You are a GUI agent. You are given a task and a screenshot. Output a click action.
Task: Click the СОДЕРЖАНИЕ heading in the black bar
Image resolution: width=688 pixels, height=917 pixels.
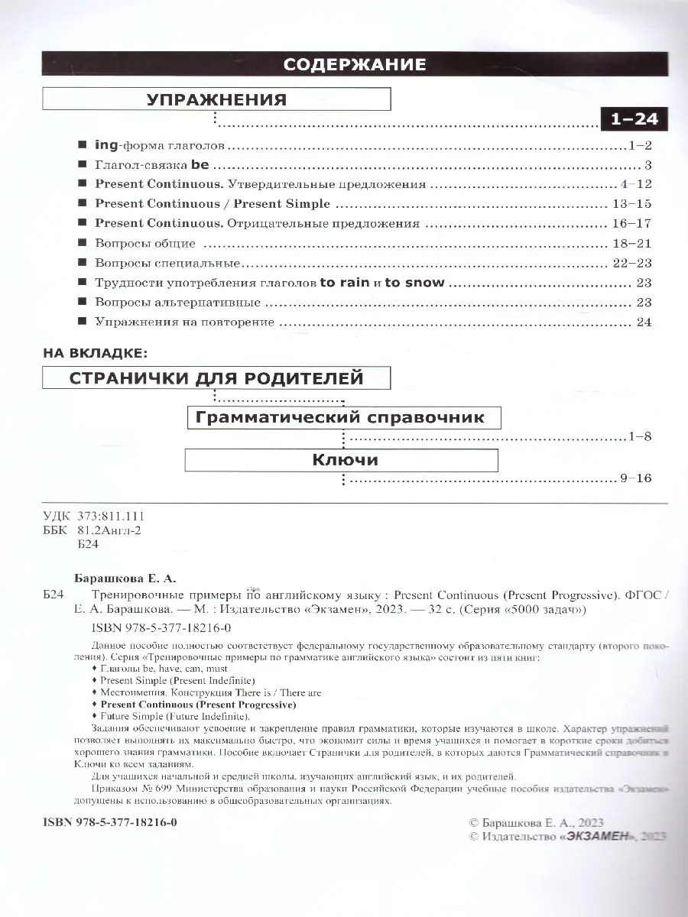[355, 65]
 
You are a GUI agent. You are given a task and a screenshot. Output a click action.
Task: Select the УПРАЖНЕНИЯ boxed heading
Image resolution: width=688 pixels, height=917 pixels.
[216, 99]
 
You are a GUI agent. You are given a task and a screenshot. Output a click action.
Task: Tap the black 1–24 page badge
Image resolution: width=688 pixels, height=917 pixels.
[634, 120]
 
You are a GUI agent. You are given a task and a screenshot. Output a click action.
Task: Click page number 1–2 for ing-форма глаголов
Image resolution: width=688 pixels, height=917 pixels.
[636, 144]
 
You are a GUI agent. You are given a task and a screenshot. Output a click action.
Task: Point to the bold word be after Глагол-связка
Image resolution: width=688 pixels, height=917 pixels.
[200, 164]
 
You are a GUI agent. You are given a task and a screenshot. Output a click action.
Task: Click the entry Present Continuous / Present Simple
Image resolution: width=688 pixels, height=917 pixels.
[213, 204]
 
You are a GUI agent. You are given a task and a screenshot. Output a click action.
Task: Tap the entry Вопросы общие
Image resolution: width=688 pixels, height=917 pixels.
[145, 244]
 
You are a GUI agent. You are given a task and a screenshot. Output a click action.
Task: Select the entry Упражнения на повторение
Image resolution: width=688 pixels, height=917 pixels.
[184, 322]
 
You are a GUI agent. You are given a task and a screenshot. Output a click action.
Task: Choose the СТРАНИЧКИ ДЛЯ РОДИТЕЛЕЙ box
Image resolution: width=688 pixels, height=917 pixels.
[216, 378]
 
